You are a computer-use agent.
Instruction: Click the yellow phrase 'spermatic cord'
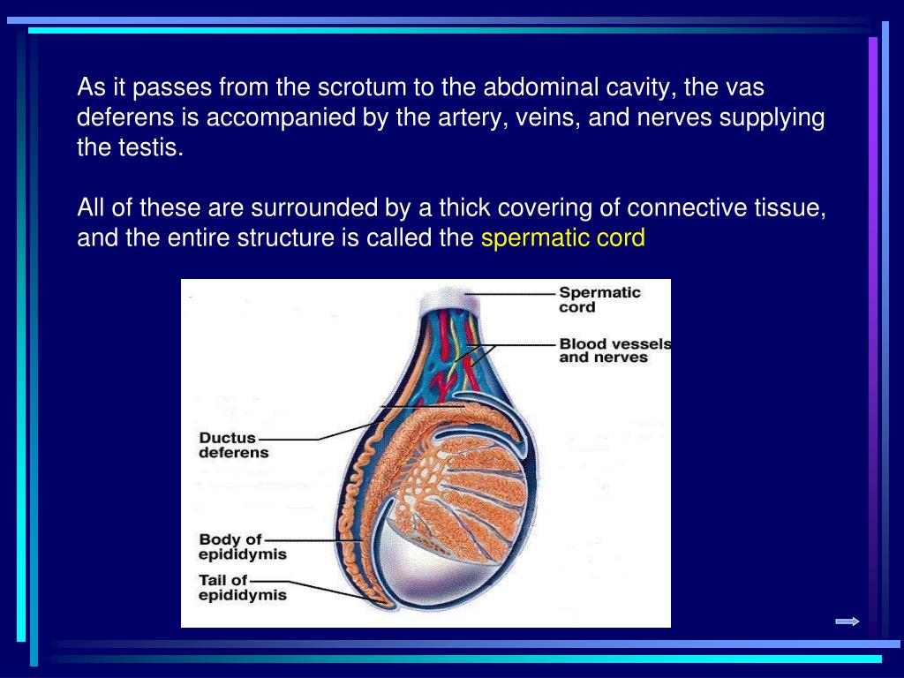[563, 238]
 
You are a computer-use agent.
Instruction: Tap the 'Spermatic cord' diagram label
[599, 300]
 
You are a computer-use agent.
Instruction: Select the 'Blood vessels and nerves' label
[614, 350]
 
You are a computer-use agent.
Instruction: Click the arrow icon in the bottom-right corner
[847, 621]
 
